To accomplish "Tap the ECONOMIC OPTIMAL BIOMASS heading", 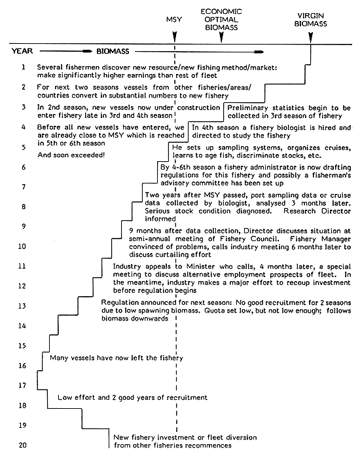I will pos(221,19).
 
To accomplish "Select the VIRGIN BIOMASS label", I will pos(311,20).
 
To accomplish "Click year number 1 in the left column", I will pos(23,67).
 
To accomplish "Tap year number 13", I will pos(23,305).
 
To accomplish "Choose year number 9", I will pos(23,226).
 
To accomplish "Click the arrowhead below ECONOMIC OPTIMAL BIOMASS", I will pos(221,40).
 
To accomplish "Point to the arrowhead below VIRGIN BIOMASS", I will pos(311,40).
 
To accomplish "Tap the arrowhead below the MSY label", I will pos(175,40).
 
